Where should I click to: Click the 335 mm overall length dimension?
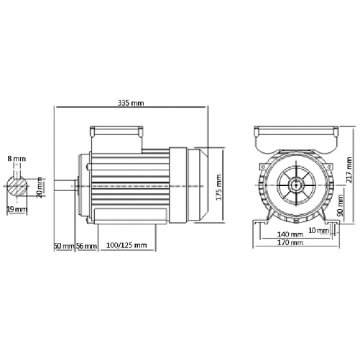(x=131, y=103)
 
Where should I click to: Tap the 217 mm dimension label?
(x=351, y=169)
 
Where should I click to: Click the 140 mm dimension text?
(x=291, y=234)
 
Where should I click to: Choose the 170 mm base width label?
(x=291, y=244)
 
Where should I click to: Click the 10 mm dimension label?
(x=317, y=229)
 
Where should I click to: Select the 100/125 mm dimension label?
(x=126, y=245)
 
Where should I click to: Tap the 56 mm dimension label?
(x=86, y=245)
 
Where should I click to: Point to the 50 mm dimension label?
(x=64, y=245)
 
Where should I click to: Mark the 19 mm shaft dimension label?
(x=17, y=210)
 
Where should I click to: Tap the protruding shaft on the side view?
(x=67, y=183)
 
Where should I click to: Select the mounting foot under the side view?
(x=126, y=216)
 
